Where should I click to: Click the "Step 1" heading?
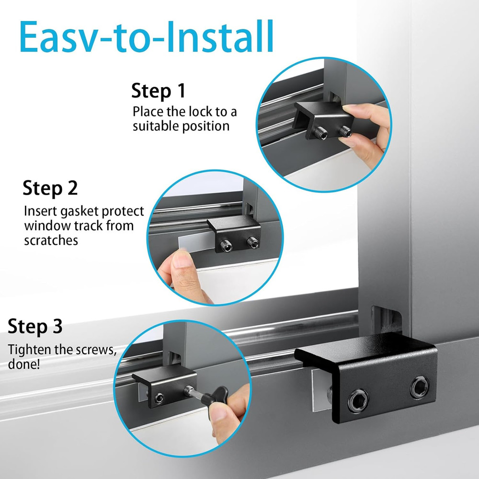[159, 91]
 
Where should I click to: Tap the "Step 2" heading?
[50, 188]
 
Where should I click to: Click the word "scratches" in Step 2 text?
[51, 240]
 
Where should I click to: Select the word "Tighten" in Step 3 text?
[29, 349]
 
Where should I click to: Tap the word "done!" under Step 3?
[24, 364]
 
